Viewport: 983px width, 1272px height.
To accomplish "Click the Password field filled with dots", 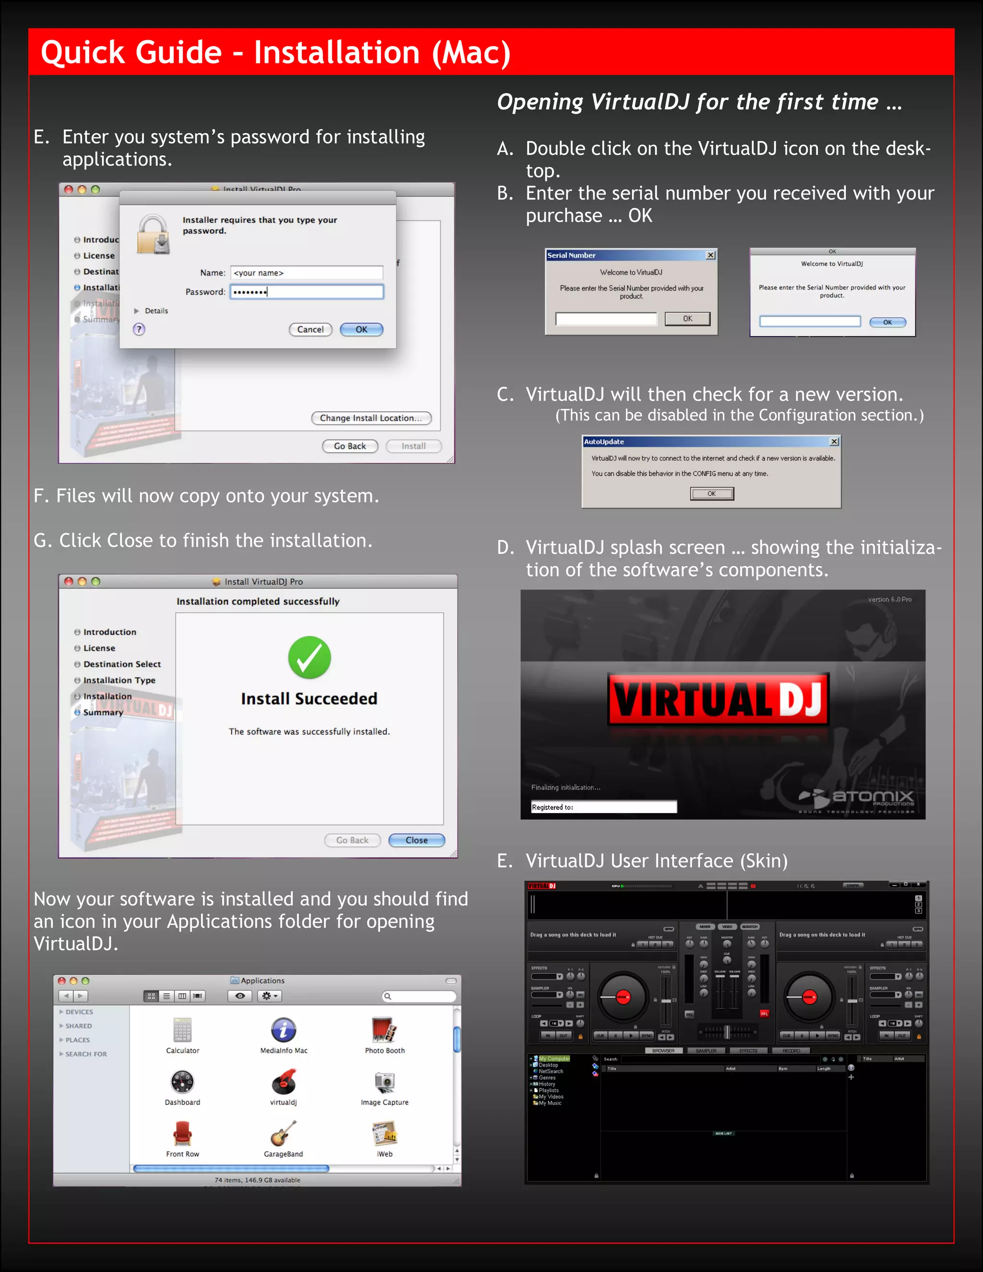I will pos(306,292).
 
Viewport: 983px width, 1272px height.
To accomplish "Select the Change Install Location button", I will pos(371,418).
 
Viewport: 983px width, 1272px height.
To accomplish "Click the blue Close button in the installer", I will pos(416,840).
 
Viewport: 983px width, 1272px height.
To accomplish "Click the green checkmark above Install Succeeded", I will pos(309,658).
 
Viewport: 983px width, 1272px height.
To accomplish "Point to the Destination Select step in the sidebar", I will pos(122,664).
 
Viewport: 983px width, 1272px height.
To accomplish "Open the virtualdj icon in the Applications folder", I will pos(284,1081).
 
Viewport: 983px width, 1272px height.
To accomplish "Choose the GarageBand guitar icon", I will pos(283,1133).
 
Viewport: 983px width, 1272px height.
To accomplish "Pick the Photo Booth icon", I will pos(384,1030).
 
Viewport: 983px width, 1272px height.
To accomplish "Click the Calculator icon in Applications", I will pos(182,1030).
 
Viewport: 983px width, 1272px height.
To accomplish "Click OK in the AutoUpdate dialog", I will pos(712,494).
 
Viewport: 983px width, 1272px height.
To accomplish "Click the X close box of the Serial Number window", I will pos(710,255).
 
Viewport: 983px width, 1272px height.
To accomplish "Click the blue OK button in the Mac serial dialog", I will pos(887,322).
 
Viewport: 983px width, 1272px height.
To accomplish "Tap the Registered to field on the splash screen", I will pos(603,807).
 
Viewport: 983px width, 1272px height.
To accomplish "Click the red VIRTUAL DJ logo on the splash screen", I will pos(718,699).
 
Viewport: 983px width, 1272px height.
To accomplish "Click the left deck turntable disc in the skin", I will pos(623,997).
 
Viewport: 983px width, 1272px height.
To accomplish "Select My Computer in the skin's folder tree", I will pos(554,1059).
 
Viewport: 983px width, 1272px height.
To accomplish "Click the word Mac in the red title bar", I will pos(469,52).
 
